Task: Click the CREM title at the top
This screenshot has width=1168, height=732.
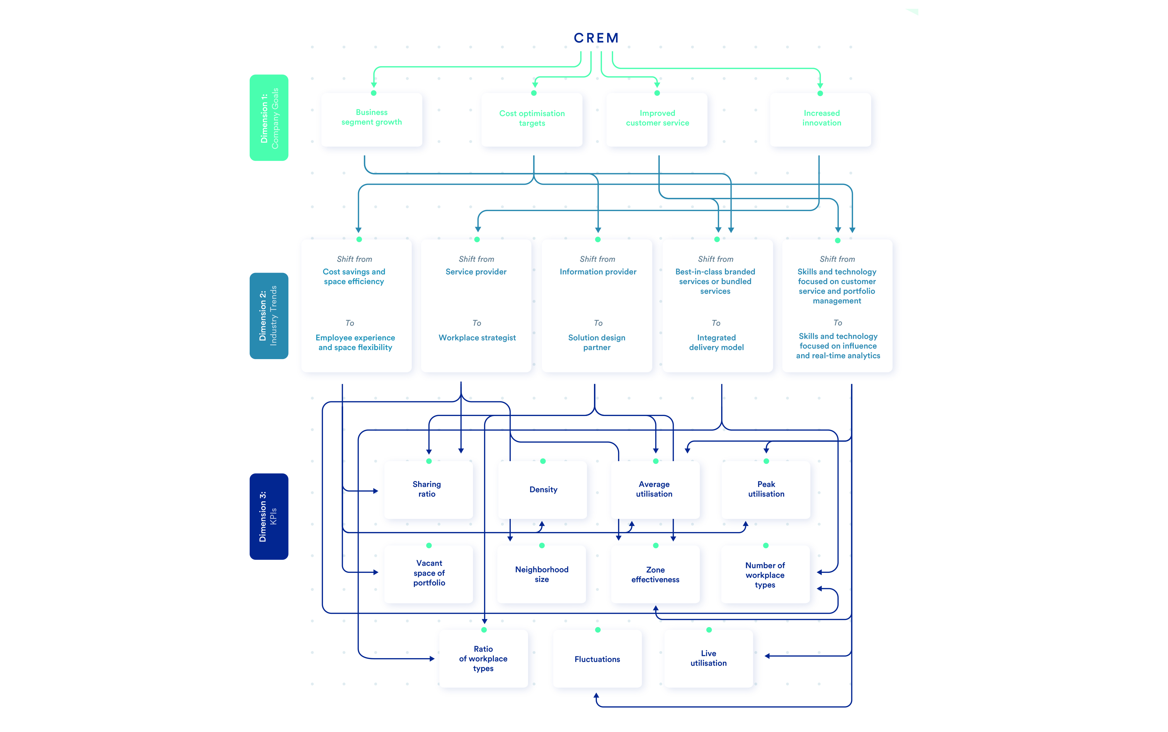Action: [x=596, y=38]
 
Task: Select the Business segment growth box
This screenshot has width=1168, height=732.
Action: [x=372, y=120]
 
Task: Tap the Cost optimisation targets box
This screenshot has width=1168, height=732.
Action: [x=532, y=120]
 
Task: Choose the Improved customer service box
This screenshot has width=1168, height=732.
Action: [x=657, y=120]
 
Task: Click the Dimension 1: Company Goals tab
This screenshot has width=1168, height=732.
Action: [x=269, y=118]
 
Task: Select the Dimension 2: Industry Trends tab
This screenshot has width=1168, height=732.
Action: [x=269, y=316]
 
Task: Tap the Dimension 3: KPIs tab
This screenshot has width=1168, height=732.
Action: [x=269, y=517]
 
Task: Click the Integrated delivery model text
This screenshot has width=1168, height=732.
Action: [x=716, y=342]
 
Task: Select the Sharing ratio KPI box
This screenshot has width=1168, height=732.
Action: [x=428, y=490]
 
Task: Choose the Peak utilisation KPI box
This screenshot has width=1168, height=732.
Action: [x=766, y=490]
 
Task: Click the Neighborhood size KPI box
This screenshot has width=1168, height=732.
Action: [x=542, y=574]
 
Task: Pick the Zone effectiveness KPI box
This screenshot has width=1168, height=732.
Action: [x=655, y=574]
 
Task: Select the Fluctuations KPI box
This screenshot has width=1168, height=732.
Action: [x=597, y=658]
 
